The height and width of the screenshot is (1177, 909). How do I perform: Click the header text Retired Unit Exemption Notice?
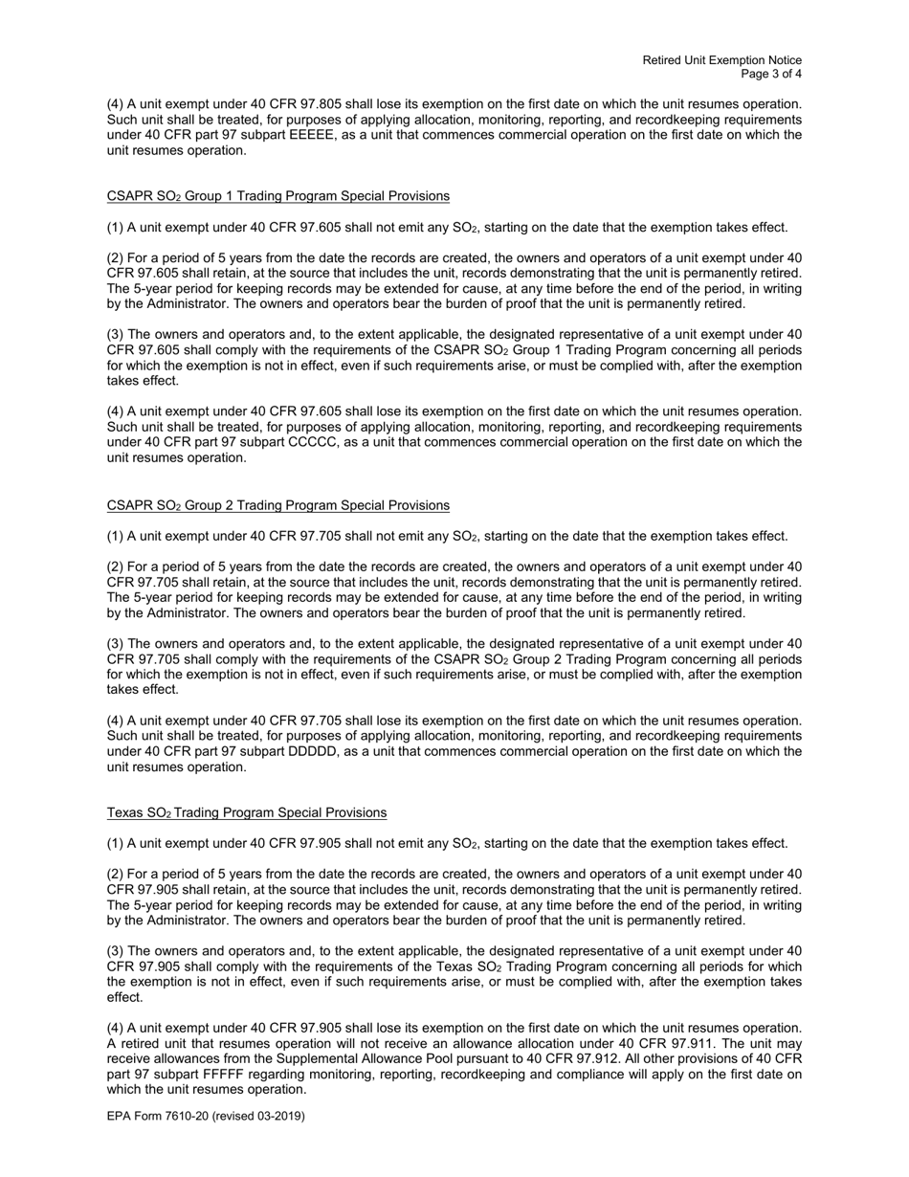(721, 60)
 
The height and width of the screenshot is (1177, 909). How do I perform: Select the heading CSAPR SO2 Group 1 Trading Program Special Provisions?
(277, 196)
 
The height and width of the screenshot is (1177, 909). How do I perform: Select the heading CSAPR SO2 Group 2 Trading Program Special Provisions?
(277, 505)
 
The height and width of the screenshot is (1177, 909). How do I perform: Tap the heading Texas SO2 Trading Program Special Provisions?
(246, 812)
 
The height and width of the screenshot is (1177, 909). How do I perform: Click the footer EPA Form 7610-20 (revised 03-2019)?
(206, 1115)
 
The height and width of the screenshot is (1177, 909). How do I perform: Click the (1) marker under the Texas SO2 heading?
(115, 843)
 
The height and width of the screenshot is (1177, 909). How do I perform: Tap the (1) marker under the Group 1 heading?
(115, 227)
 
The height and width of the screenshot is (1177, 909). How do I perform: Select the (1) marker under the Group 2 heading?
(115, 536)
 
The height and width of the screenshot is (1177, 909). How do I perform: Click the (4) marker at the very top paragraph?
(115, 103)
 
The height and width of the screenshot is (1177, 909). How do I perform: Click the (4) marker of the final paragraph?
(115, 1028)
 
